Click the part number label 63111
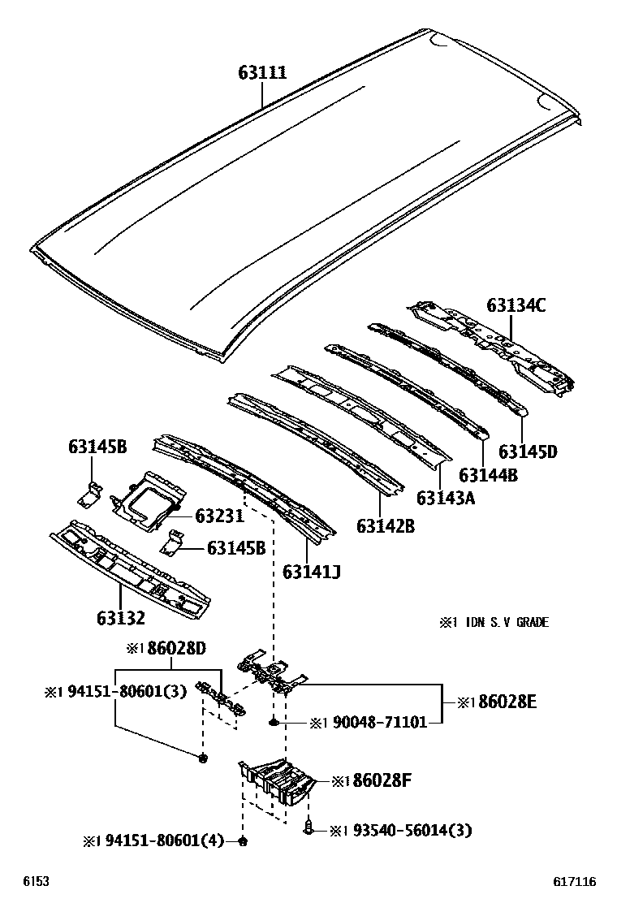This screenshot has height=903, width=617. pos(261,73)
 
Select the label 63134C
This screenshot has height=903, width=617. pos(516,305)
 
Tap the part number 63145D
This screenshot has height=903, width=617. pos(528,451)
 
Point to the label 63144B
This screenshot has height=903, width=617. pos(487,475)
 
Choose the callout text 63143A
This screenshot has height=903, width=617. pos(446,498)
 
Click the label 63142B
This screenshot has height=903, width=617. pos(385,526)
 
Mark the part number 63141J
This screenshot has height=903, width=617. pos(311,572)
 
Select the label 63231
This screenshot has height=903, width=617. pos(219,516)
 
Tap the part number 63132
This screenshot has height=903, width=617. pos(118,618)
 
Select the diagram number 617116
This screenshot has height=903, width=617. pos(575,882)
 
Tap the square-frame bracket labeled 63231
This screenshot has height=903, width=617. pos(149,501)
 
